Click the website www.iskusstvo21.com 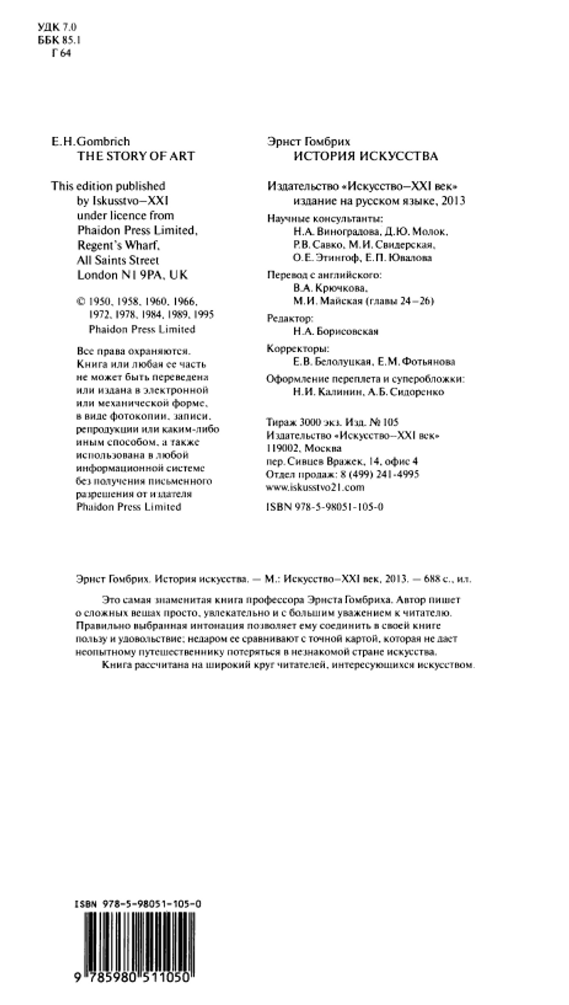tap(314, 488)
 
